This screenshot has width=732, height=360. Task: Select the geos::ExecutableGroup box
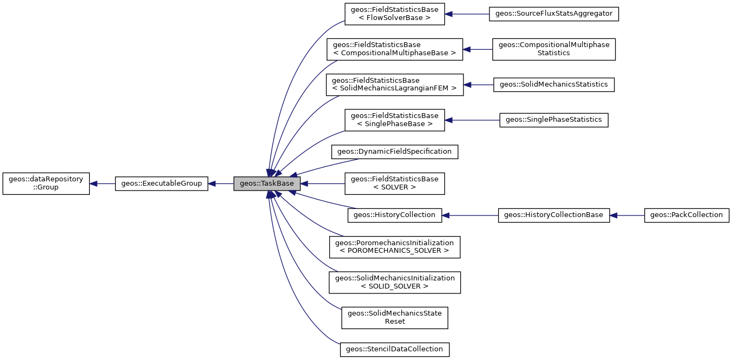(x=161, y=184)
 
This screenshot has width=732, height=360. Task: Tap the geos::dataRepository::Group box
(x=46, y=184)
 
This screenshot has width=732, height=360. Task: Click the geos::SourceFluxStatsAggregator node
(x=553, y=14)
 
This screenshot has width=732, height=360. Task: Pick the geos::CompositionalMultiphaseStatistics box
(x=553, y=49)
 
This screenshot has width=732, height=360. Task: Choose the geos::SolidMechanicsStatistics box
(x=553, y=84)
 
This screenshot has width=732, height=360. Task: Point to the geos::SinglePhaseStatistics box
(x=553, y=120)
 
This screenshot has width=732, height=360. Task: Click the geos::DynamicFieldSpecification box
(x=394, y=152)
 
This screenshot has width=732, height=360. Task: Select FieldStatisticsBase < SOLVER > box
(x=394, y=184)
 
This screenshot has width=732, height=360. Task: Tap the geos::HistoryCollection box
(x=394, y=215)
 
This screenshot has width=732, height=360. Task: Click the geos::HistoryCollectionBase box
(x=553, y=215)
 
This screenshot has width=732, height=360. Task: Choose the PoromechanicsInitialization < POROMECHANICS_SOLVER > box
(x=394, y=247)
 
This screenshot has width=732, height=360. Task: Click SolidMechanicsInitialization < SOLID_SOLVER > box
(x=394, y=282)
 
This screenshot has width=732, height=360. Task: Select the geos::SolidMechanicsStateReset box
(x=394, y=317)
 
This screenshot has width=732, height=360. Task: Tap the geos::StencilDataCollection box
(x=394, y=349)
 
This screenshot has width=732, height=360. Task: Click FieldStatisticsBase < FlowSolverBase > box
(x=394, y=14)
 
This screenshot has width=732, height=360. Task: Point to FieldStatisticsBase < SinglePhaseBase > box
(x=394, y=120)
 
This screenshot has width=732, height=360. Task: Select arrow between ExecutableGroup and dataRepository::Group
(x=103, y=184)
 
